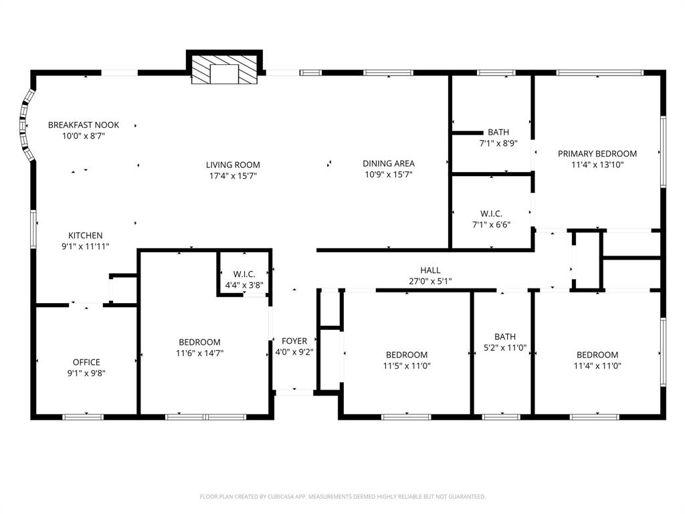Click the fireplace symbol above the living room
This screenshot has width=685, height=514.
coord(223,70)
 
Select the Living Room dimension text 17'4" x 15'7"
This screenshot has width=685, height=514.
coord(233,175)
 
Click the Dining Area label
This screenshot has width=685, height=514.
coord(389,163)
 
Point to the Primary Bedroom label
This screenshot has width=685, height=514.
coord(597,153)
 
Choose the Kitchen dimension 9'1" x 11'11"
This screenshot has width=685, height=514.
coord(86,246)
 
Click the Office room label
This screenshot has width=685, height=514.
coord(86,362)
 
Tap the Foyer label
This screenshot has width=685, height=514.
coord(294,341)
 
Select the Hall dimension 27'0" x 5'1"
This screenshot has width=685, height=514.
coord(430,281)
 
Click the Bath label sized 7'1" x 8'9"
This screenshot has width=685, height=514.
coord(498,133)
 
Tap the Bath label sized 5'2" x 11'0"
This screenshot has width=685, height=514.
coord(505,337)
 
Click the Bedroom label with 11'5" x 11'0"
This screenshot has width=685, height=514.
coord(406,355)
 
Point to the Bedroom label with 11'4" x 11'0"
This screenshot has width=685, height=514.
coord(597,355)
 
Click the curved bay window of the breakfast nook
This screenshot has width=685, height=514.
coord(25,126)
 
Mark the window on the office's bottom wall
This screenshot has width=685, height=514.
coord(84,417)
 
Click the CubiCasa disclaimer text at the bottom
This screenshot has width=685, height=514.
coord(342,497)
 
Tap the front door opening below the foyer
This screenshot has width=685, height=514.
coord(294,392)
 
